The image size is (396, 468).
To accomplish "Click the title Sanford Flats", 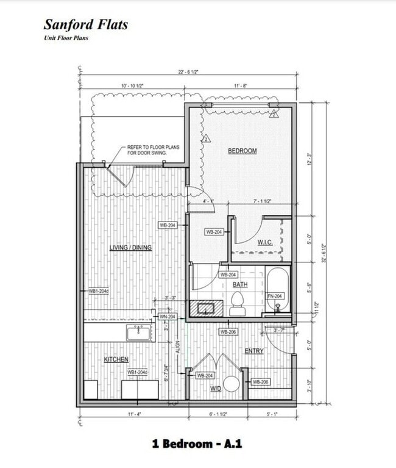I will [85, 25].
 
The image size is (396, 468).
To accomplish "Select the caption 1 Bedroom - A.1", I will [197, 444].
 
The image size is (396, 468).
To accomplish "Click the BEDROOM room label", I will [242, 151].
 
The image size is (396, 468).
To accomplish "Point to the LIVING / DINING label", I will [130, 248].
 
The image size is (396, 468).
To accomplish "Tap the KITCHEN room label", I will [116, 360].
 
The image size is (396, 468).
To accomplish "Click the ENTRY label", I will [253, 351].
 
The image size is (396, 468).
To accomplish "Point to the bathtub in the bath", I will [277, 290].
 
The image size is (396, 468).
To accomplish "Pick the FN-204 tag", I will [275, 297].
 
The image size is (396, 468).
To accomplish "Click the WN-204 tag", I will [168, 317].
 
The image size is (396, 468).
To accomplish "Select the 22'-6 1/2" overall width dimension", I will [188, 72].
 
